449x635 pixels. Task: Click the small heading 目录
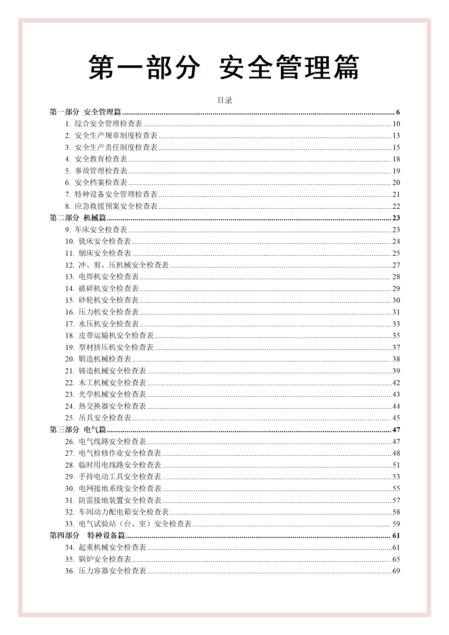coord(225,100)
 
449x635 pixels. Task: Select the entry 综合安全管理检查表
coord(108,124)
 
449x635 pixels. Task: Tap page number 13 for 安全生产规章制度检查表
coord(396,135)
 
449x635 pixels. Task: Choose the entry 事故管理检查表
coord(101,171)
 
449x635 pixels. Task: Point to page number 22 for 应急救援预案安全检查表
coord(396,206)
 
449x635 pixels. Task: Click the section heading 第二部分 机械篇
coord(78,218)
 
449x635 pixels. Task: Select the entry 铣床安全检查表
coord(104,241)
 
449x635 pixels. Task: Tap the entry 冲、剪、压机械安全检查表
coord(123,265)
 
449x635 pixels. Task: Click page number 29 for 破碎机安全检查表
coord(396,289)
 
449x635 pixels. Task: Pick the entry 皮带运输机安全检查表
coord(116,335)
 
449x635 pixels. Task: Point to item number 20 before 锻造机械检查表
coord(69,359)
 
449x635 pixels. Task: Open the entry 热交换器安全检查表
coord(112,406)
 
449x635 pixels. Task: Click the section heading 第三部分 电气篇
coord(78,430)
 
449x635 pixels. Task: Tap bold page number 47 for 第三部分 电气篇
coord(396,430)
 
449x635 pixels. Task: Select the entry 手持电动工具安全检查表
coord(120,477)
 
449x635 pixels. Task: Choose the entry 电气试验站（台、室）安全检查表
coord(135,524)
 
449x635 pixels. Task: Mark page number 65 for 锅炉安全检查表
coord(396,559)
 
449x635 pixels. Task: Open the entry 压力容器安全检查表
coord(112,571)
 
